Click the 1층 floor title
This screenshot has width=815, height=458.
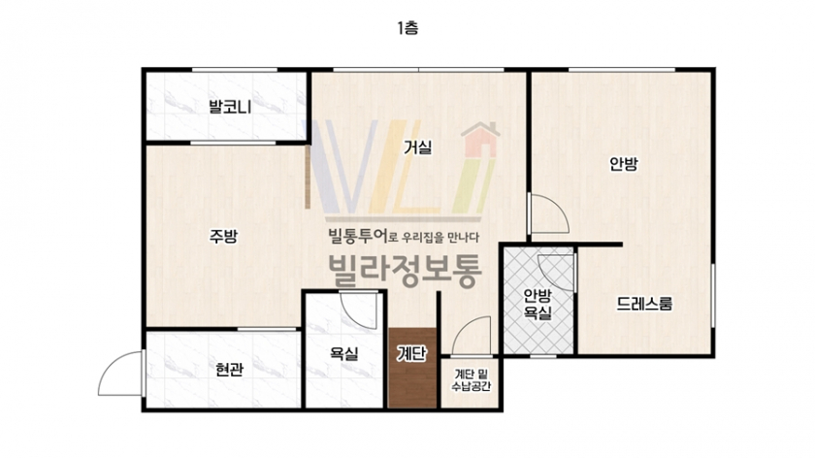coord(407,27)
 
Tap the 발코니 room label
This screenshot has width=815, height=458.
coord(230,107)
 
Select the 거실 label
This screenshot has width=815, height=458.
coord(418,147)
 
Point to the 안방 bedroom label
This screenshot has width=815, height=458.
coord(623,164)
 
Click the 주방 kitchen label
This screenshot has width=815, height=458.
coord(223,237)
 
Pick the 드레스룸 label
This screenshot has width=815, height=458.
coord(644,304)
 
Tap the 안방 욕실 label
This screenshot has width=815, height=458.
coord(538,304)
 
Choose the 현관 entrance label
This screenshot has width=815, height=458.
coord(229,370)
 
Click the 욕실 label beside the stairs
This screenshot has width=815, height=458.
coord(344,354)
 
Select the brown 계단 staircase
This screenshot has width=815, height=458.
coord(412,368)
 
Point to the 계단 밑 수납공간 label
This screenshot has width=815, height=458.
coord(471,380)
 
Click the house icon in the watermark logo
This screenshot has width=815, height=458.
coord(480,140)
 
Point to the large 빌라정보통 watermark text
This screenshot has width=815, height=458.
coord(405,272)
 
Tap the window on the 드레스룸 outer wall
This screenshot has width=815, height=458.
coord(713,295)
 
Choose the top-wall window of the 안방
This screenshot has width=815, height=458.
coord(622,70)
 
